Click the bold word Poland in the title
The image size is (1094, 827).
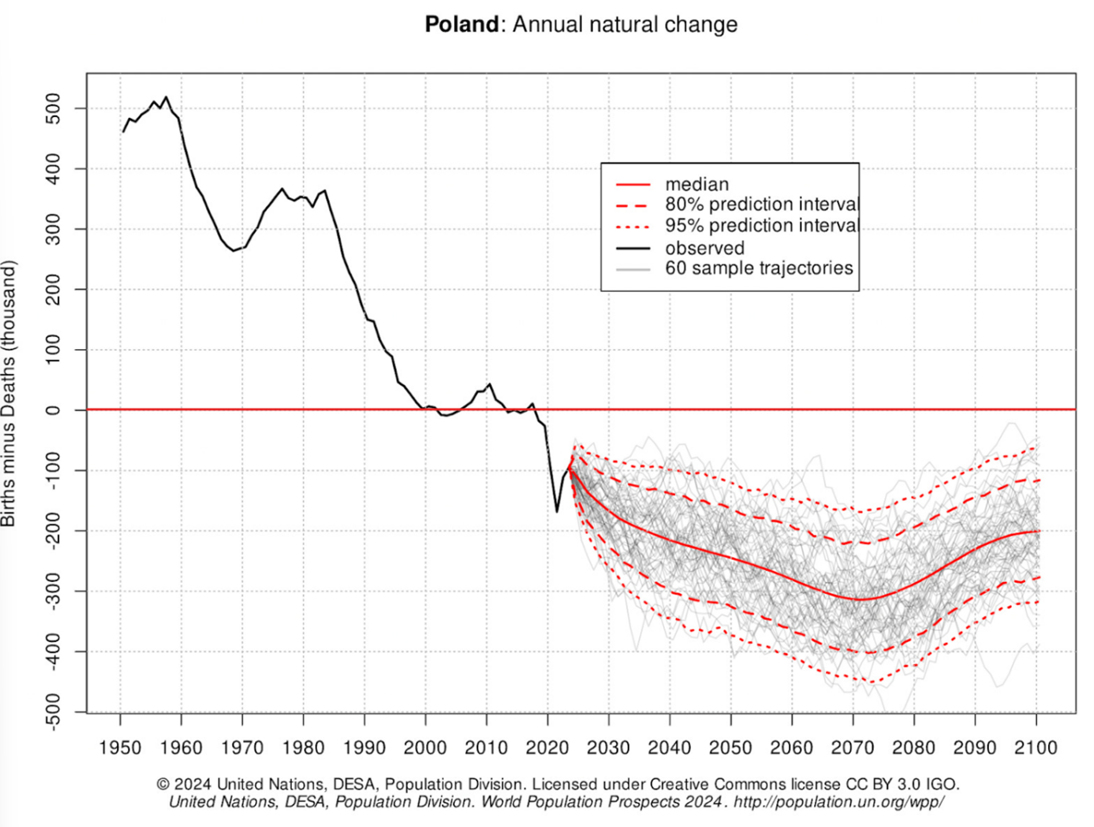click(461, 24)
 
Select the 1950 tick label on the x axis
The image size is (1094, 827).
click(120, 747)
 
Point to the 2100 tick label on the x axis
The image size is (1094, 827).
click(1036, 747)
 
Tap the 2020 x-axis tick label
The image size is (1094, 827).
click(547, 747)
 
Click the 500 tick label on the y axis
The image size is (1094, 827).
click(53, 109)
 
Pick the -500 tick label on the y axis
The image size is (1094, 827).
click(53, 711)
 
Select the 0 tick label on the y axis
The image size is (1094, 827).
click(53, 410)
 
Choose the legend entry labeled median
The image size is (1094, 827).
click(697, 184)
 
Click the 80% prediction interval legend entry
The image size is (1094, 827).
click(762, 205)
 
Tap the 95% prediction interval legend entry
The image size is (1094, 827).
click(762, 225)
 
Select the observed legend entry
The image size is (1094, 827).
click(705, 248)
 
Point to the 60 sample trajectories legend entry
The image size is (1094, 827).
click(759, 268)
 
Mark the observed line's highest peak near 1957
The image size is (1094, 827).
click(166, 97)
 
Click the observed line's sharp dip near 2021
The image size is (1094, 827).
click(557, 512)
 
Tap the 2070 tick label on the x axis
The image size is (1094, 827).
click(853, 747)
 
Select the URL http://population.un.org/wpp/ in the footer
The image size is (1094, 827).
click(838, 801)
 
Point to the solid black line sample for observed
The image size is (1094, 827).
click(633, 248)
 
